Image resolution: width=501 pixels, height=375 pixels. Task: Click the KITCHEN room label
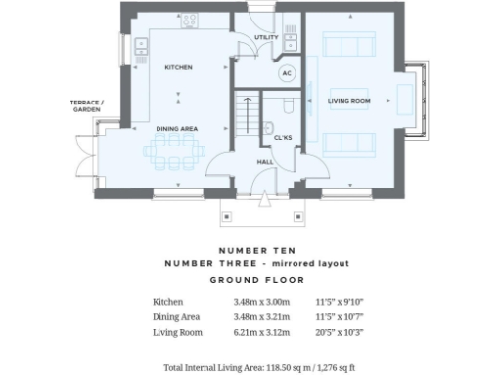tap(178, 67)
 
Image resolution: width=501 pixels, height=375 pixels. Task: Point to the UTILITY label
tap(265, 38)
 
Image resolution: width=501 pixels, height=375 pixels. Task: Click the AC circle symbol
tap(287, 73)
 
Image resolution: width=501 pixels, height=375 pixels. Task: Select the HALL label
tap(264, 162)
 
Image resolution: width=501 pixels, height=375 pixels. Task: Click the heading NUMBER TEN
tap(250, 250)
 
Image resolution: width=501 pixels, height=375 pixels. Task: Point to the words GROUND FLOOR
tap(250, 280)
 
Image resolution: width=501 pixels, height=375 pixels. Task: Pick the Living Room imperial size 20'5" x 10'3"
tap(339, 332)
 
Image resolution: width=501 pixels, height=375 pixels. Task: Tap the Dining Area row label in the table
tap(176, 317)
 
